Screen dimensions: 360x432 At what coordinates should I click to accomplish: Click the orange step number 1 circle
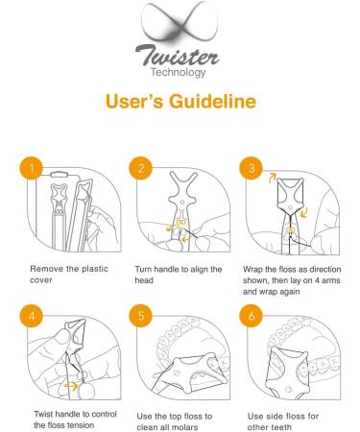click(x=32, y=168)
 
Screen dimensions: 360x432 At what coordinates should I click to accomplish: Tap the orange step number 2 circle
click(x=141, y=168)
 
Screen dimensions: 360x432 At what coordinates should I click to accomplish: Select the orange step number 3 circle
click(x=252, y=168)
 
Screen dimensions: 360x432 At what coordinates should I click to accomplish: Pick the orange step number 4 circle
click(x=32, y=316)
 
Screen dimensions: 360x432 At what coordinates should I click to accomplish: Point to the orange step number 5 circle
click(x=141, y=316)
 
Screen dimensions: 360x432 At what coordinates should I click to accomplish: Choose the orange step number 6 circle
click(x=252, y=316)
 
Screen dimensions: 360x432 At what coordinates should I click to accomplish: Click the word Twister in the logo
click(x=178, y=55)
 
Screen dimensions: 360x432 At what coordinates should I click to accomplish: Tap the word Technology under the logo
click(x=178, y=72)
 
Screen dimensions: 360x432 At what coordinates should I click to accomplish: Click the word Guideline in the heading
click(x=212, y=101)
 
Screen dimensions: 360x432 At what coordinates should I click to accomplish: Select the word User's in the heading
click(x=134, y=101)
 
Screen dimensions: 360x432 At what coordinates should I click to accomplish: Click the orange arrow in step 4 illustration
click(x=71, y=386)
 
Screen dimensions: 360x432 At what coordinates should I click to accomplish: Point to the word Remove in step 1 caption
click(x=47, y=269)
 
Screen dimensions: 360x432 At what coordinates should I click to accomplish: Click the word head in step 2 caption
click(x=144, y=280)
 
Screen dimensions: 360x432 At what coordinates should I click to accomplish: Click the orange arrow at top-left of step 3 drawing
click(x=273, y=178)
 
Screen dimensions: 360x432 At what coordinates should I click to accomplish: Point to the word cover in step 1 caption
click(x=41, y=280)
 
